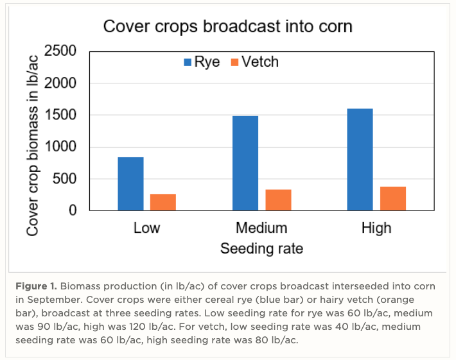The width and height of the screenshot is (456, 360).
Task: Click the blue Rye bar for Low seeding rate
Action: tap(130, 184)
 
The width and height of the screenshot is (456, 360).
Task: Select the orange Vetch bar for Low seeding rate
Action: tap(163, 202)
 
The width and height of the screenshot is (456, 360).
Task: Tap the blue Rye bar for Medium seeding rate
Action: tap(245, 163)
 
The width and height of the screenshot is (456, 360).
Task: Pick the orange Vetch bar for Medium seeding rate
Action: tap(278, 200)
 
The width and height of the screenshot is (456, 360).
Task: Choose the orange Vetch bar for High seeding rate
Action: tap(392, 198)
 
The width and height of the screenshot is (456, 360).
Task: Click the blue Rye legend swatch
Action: tap(188, 62)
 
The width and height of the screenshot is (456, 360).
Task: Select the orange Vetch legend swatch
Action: tap(235, 62)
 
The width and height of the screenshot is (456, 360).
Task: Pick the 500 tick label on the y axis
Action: tap(64, 178)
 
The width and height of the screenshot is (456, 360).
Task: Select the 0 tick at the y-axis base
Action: tap(72, 210)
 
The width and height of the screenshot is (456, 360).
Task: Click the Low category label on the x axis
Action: tap(146, 228)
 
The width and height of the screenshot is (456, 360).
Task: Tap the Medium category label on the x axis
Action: tap(261, 228)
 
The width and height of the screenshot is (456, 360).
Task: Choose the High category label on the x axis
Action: tap(376, 228)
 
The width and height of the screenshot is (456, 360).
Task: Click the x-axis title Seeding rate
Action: tap(261, 248)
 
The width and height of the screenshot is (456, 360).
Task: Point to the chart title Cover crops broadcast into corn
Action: tap(228, 27)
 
